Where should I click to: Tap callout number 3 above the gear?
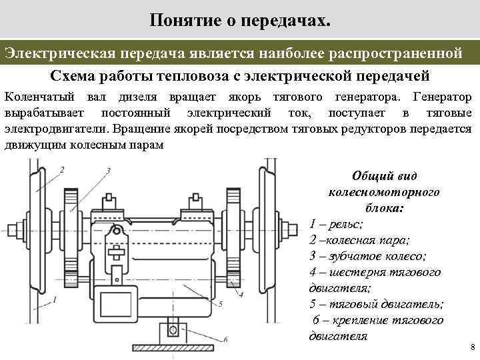(x=107, y=172)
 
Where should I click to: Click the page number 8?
(x=471, y=348)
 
